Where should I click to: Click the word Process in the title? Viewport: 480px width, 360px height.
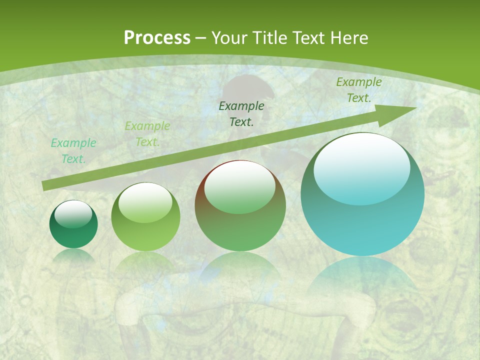point(157,38)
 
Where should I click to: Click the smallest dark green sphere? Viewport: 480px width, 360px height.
point(73,224)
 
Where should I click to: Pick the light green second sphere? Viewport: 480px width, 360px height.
point(145,217)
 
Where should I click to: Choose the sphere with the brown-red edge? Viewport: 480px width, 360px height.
point(240,205)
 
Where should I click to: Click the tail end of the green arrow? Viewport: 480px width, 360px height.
point(44,186)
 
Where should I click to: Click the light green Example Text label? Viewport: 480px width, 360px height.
point(147,134)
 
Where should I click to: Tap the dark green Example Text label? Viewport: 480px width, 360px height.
point(241,114)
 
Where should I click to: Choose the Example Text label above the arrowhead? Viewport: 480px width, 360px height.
point(359,90)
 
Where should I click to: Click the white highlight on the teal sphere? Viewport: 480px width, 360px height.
point(361,168)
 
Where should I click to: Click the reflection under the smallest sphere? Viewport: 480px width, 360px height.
point(73,256)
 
